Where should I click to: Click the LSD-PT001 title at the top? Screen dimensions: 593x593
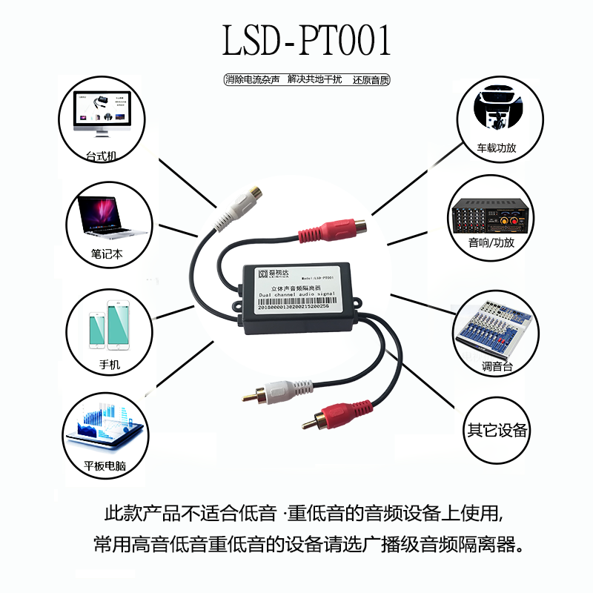(307, 42)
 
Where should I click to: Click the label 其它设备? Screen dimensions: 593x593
(497, 430)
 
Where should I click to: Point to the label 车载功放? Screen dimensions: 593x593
(496, 148)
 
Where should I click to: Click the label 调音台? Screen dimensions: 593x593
(496, 366)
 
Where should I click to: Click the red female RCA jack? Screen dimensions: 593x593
(331, 229)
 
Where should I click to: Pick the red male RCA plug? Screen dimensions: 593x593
(329, 415)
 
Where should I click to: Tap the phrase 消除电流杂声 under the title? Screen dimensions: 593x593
(253, 79)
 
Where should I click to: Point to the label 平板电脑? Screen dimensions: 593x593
(105, 466)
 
